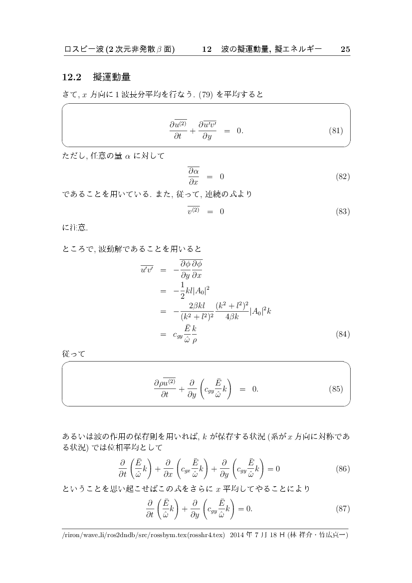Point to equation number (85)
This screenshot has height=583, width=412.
(x=336, y=389)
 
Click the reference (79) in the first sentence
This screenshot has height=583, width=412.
(x=206, y=95)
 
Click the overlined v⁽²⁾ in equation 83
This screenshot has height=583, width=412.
(x=194, y=211)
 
